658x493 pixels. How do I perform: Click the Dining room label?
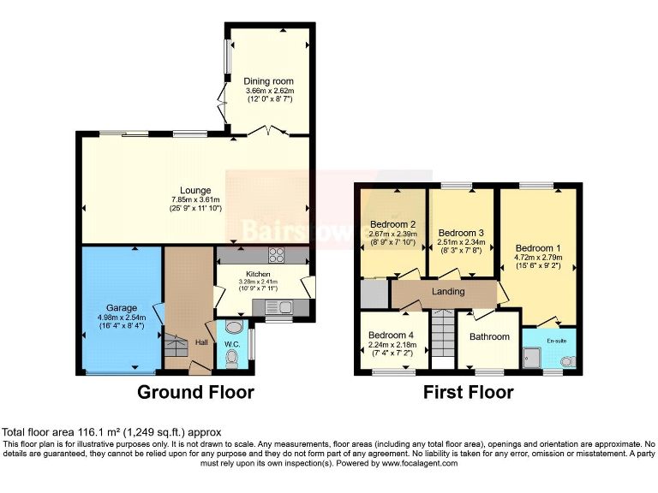coord(268,81)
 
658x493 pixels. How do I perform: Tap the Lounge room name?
coord(195,190)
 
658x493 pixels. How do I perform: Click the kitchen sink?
coord(283,306)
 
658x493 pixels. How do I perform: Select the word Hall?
coord(201,342)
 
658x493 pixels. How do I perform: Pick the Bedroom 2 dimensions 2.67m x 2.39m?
coord(392,234)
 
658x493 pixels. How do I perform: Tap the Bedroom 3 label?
coord(461,233)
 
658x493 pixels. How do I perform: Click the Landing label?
coord(448,292)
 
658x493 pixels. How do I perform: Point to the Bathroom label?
coord(489,337)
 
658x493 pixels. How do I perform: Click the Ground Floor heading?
coord(197,392)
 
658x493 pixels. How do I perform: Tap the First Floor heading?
coord(468,392)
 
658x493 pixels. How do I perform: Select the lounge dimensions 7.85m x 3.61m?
coord(195,200)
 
